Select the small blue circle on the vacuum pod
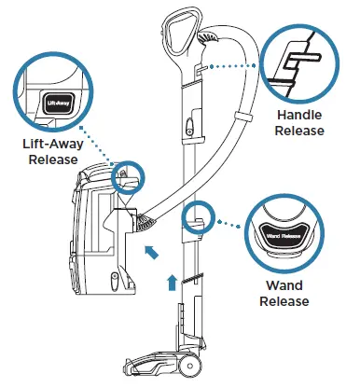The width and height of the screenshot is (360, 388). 122,174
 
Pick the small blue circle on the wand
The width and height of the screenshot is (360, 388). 195,216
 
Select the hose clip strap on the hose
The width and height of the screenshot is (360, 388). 241,119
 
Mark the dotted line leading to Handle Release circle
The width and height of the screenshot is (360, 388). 228,66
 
